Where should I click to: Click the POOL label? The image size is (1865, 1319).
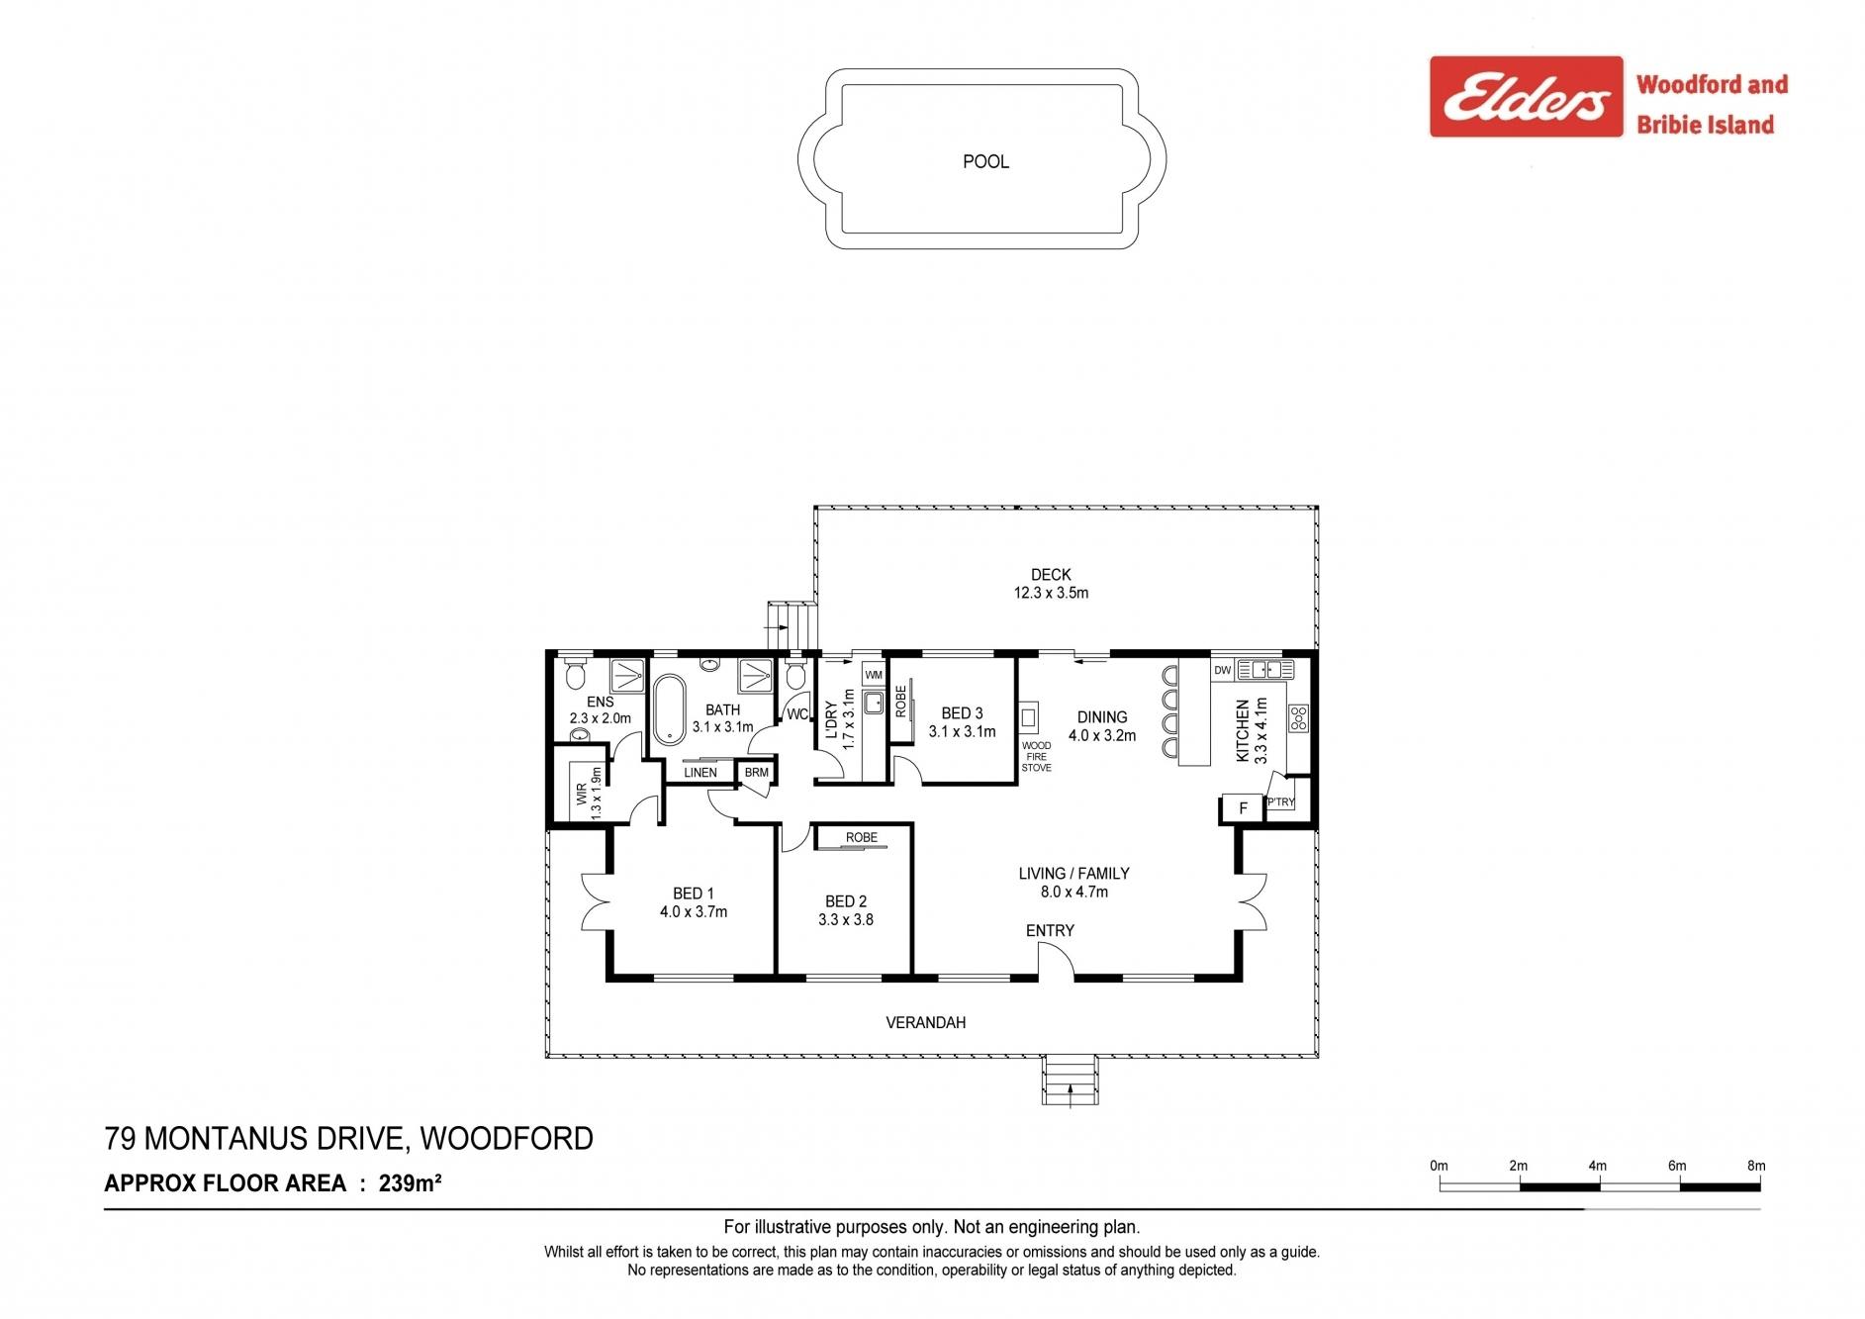(x=985, y=161)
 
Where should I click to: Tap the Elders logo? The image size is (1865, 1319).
(x=1527, y=96)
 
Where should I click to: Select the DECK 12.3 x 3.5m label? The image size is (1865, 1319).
(x=1051, y=584)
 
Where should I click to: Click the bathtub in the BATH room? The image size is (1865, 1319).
(x=670, y=709)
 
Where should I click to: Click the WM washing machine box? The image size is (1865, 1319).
(x=873, y=675)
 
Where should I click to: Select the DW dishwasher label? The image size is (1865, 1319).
(x=1222, y=670)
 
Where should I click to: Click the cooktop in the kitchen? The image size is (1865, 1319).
(x=1298, y=718)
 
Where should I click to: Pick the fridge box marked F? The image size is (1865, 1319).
(x=1244, y=808)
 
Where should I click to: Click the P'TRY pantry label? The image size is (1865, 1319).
(x=1280, y=802)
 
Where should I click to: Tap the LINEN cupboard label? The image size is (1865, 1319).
(x=700, y=773)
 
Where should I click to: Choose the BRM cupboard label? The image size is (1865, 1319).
(x=756, y=773)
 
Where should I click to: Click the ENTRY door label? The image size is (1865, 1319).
(x=1050, y=930)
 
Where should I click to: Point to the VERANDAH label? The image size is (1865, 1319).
(x=926, y=1022)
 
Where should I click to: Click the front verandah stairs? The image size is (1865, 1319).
(x=1070, y=1081)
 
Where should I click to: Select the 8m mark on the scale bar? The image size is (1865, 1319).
(x=1756, y=1166)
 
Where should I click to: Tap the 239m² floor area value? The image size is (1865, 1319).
(x=410, y=1182)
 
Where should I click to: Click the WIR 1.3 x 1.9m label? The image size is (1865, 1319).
(x=589, y=792)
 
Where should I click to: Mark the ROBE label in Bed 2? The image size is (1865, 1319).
(x=862, y=837)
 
